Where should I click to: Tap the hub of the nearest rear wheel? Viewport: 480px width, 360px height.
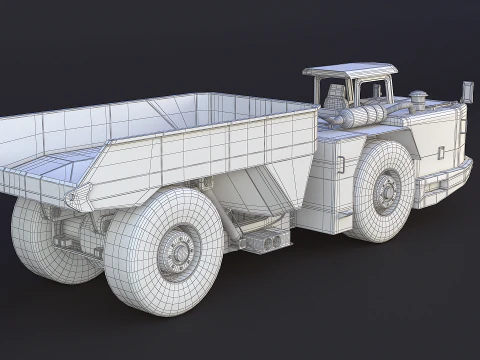pyautogui.click(x=176, y=249)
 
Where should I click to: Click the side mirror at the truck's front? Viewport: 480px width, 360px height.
pyautogui.click(x=466, y=92)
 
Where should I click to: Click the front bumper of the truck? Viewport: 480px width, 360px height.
pyautogui.click(x=446, y=181)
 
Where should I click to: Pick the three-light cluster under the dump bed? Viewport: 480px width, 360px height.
pyautogui.click(x=271, y=240)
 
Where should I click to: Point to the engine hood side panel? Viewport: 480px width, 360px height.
pyautogui.click(x=430, y=140)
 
